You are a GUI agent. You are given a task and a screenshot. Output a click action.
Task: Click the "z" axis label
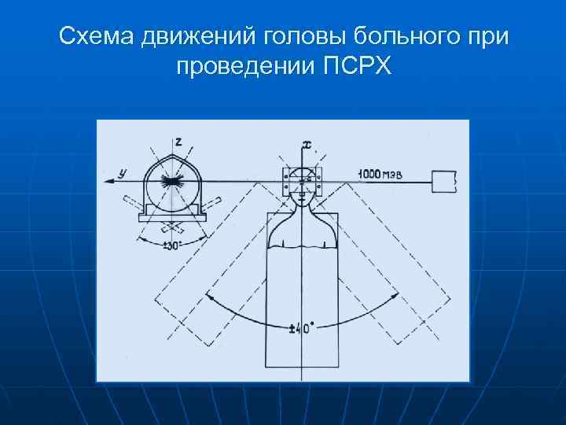(x=178, y=142)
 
